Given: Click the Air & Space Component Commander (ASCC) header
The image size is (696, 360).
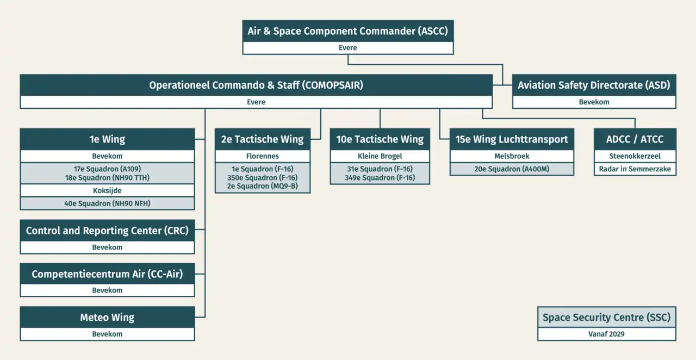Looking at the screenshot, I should pos(347,31).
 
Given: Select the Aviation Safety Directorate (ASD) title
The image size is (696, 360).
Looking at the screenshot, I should pos(594,85).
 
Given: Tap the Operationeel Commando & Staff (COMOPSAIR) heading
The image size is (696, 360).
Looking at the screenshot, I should pos(256,85).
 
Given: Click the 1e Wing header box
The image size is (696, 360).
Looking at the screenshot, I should pos(107,139).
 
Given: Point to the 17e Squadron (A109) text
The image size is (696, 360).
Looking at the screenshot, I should pos(107,169).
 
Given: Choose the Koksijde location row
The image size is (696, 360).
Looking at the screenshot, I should pos(107,191).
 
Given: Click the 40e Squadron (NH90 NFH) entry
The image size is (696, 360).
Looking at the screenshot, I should pos(107,203).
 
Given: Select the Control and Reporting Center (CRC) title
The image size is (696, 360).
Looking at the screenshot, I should pos(107,231).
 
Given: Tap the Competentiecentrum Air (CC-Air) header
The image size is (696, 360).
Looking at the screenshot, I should pos(107,274).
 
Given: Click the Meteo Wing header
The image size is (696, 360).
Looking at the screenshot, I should pos(107,318).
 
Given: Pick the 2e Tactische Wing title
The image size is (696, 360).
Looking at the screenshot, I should pos(262,139).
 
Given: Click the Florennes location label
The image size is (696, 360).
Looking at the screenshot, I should pos(262,156).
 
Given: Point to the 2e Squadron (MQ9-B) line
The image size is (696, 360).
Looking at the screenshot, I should pos(262,186).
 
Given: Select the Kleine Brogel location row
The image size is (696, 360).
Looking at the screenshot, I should pos(380,156).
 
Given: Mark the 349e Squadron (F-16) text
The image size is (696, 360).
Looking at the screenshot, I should pos(380,178).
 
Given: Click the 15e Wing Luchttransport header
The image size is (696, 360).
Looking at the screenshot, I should pos(512,139).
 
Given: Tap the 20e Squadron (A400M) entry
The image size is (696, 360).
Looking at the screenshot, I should pos(512,169).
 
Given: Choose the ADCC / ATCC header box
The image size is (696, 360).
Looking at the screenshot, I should pos(635,139).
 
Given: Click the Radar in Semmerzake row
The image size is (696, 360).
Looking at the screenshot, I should pos(635,169).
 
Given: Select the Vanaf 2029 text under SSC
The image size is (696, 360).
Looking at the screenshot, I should pos(606,334).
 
